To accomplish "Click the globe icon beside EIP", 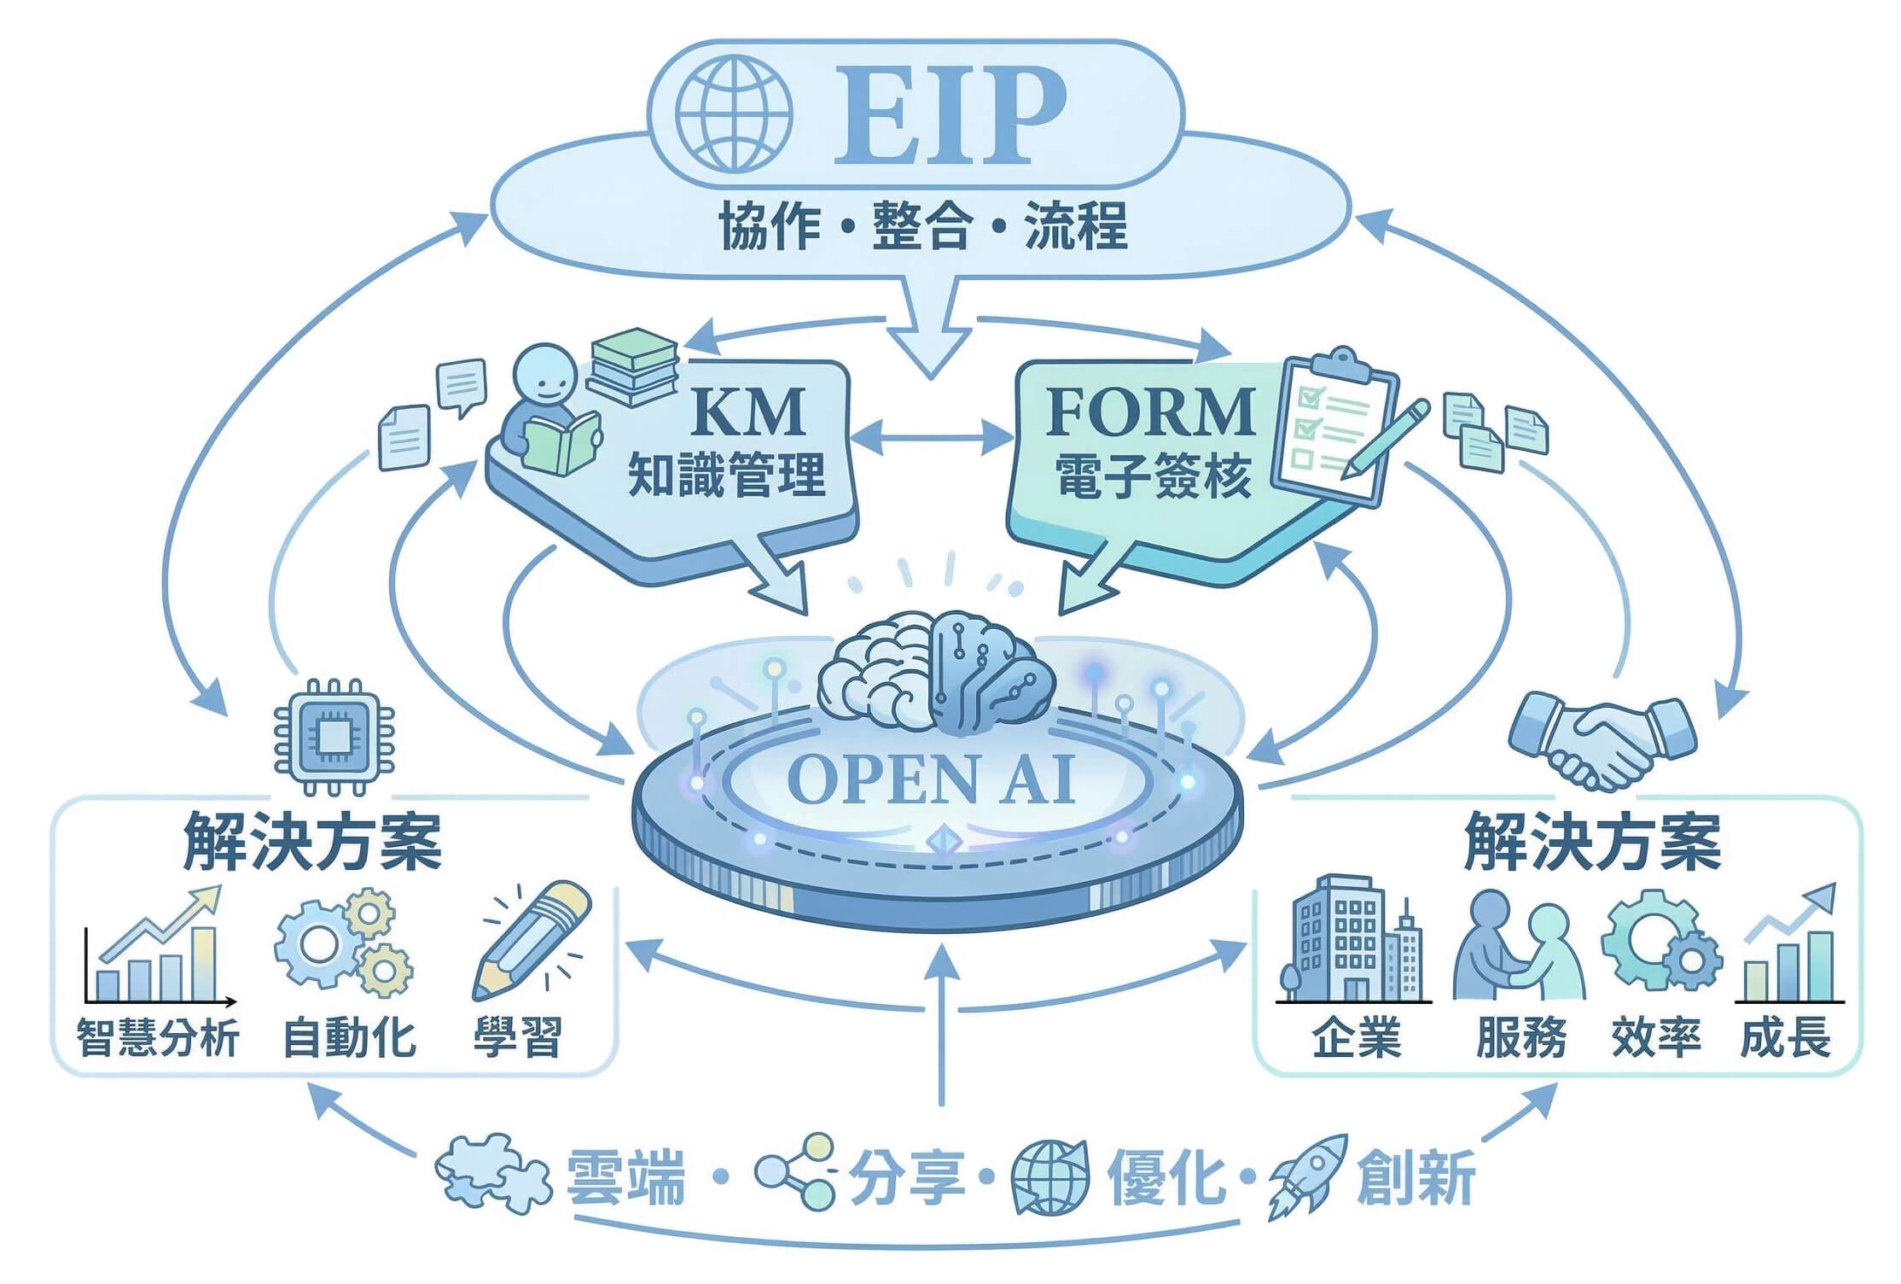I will [x=733, y=114].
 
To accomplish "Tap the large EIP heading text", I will [x=949, y=116].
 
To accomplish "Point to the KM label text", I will [x=748, y=412].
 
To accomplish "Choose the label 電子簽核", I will [x=1154, y=476].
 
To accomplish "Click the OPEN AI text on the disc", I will [x=930, y=779].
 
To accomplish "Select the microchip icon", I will [x=334, y=737].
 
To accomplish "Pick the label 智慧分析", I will [x=159, y=1038].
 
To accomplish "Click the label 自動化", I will [x=349, y=1038].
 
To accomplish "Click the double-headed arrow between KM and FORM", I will [x=933, y=438].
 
